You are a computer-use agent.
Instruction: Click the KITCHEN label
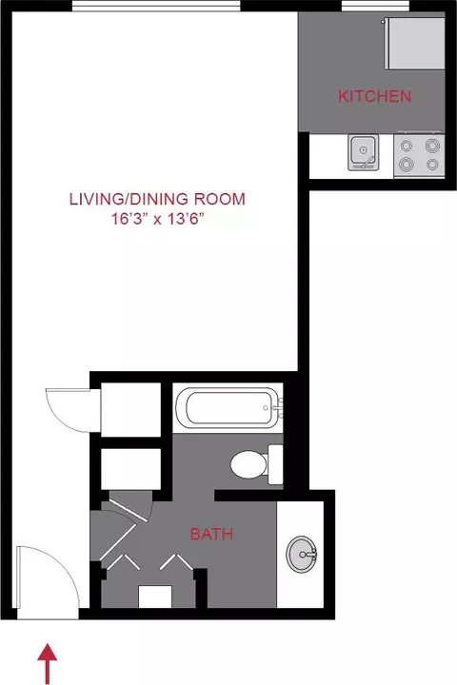pos(375,96)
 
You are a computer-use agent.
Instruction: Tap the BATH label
pos(211,534)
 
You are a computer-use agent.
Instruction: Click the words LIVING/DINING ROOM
pos(157,199)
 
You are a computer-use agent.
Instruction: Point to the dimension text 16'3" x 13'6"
pos(158,219)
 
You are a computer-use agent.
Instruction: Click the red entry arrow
pos(48,664)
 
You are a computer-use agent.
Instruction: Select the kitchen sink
pos(363,152)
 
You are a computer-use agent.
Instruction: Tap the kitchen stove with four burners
pos(419,155)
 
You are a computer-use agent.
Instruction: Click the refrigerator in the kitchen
pos(415,43)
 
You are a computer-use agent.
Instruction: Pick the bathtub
pos(228,407)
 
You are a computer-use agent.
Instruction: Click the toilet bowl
pos(248,464)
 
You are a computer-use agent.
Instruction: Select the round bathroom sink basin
pos(301,554)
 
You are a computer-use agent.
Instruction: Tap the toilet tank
pos(275,464)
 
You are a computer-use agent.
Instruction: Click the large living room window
pos(156,6)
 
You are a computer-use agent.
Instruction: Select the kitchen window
pos(375,6)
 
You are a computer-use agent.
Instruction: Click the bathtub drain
pos(265,408)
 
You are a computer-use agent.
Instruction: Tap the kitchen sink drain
pos(363,150)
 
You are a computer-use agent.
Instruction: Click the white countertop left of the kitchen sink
pos(328,156)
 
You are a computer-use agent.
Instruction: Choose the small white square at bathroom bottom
pos(155,597)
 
